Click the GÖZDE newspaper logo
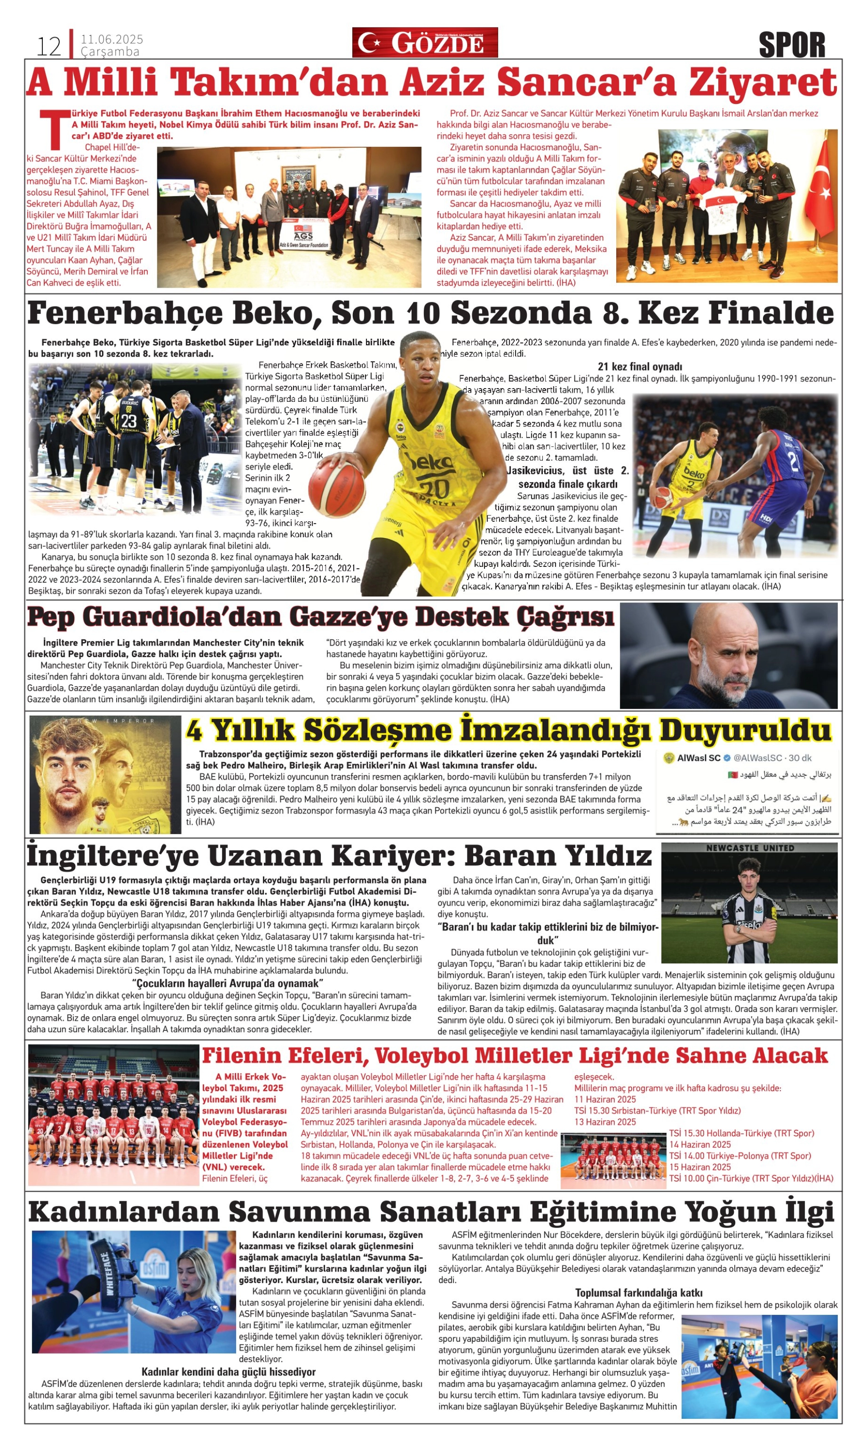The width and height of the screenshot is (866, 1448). [x=425, y=42]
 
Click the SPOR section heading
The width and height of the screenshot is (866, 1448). [x=792, y=45]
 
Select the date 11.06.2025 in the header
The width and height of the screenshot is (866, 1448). [x=112, y=39]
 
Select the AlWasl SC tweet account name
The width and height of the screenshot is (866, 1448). [x=699, y=758]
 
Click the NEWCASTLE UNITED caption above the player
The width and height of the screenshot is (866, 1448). [x=750, y=848]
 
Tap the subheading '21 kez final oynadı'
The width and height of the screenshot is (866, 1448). [x=639, y=367]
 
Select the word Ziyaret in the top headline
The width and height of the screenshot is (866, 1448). [x=763, y=83]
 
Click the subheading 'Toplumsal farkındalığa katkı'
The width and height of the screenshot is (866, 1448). [x=639, y=1292]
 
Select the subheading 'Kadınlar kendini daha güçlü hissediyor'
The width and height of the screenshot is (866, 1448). [x=228, y=1371]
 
